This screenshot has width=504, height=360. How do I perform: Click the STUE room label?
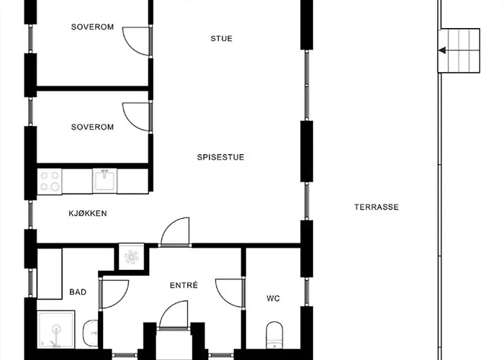click(221, 39)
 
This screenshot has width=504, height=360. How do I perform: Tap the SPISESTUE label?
click(220, 157)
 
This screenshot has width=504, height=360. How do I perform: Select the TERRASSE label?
click(377, 207)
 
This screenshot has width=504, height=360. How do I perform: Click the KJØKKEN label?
click(88, 213)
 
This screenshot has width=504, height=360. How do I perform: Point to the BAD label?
click(78, 292)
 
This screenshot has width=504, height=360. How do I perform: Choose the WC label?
click(273, 299)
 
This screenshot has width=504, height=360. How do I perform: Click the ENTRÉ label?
click(184, 285)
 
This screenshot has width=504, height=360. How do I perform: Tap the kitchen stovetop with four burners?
click(50, 181)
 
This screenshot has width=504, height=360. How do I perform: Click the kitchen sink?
click(105, 181)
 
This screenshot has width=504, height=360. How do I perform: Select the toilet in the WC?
click(274, 335)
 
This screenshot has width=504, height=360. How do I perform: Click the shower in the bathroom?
click(56, 330)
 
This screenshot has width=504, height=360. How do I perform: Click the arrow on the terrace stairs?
click(442, 50)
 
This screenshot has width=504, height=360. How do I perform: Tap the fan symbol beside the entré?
click(132, 257)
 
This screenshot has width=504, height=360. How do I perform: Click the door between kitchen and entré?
click(175, 232)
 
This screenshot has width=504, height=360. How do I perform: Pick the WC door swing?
click(230, 294)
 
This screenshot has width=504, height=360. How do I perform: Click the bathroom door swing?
click(115, 294)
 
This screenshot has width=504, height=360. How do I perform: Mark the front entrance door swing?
click(174, 315)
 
